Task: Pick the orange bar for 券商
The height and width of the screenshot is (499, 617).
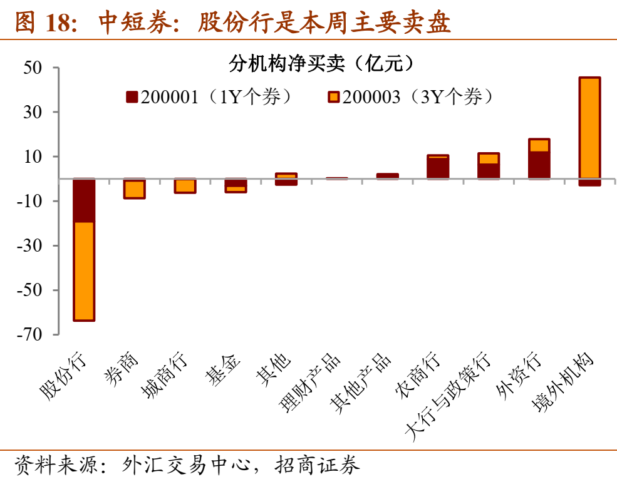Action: click(135, 188)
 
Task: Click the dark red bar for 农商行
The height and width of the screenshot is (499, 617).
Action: click(437, 168)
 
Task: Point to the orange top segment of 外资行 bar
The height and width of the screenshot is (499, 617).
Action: click(539, 145)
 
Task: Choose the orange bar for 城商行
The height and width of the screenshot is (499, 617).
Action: click(185, 185)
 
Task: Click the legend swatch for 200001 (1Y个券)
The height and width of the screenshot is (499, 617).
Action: click(132, 96)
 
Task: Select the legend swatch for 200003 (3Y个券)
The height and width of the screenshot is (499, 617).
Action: click(333, 96)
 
